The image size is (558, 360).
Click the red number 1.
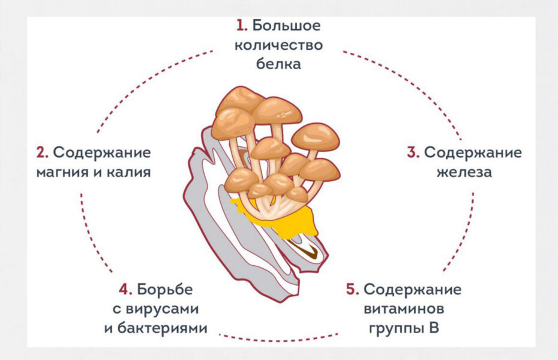tap(242, 26)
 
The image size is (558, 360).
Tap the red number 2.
tap(43, 152)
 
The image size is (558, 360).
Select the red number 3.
tap(413, 152)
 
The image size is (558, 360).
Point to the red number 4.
tap(125, 289)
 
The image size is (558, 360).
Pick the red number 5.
tap(353, 289)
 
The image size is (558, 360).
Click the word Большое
tap(287, 26)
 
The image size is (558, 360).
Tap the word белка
tap(278, 64)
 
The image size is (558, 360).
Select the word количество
tap(278, 45)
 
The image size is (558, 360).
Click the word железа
tap(464, 172)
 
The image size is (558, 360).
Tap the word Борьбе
tap(165, 289)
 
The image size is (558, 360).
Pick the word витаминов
tap(404, 308)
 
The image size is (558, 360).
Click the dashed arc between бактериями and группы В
tap(278, 340)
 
